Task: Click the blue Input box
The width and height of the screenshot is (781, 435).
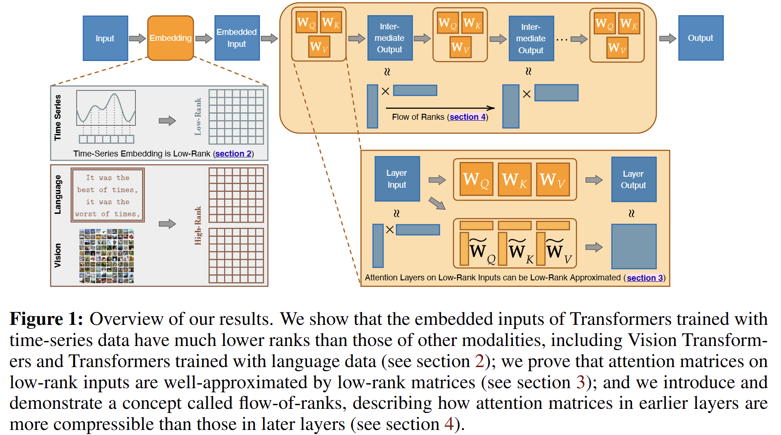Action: pyautogui.click(x=105, y=38)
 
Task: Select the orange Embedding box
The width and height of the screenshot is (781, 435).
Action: pyautogui.click(x=170, y=38)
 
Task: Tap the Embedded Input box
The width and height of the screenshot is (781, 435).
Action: pyautogui.click(x=237, y=38)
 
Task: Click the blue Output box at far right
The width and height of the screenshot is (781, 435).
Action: pyautogui.click(x=700, y=38)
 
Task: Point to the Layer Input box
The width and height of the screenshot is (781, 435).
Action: pyautogui.click(x=397, y=179)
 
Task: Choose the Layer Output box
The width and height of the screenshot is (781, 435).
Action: pyautogui.click(x=633, y=179)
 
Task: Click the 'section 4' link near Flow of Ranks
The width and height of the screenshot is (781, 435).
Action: pyautogui.click(x=467, y=117)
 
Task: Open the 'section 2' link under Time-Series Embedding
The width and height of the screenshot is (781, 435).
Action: pyautogui.click(x=233, y=154)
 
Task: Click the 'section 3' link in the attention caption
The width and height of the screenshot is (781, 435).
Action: pyautogui.click(x=644, y=278)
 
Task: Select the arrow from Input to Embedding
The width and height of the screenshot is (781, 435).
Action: pyautogui.click(x=137, y=39)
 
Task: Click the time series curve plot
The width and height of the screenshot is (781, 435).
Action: pyautogui.click(x=106, y=108)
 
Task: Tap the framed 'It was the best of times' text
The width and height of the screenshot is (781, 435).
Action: pyautogui.click(x=108, y=195)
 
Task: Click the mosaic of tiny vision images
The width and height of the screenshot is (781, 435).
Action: pyautogui.click(x=107, y=256)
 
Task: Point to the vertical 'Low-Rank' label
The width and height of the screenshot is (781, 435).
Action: pyautogui.click(x=198, y=117)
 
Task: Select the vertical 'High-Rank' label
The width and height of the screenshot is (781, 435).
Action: pyautogui.click(x=198, y=225)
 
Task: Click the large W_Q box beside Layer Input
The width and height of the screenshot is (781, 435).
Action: pyautogui.click(x=476, y=179)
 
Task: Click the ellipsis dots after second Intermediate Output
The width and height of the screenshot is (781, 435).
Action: pyautogui.click(x=561, y=40)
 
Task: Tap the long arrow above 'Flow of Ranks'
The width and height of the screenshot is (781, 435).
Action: pyautogui.click(x=440, y=108)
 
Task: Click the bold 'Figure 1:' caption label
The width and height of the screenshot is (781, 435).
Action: pyautogui.click(x=46, y=319)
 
